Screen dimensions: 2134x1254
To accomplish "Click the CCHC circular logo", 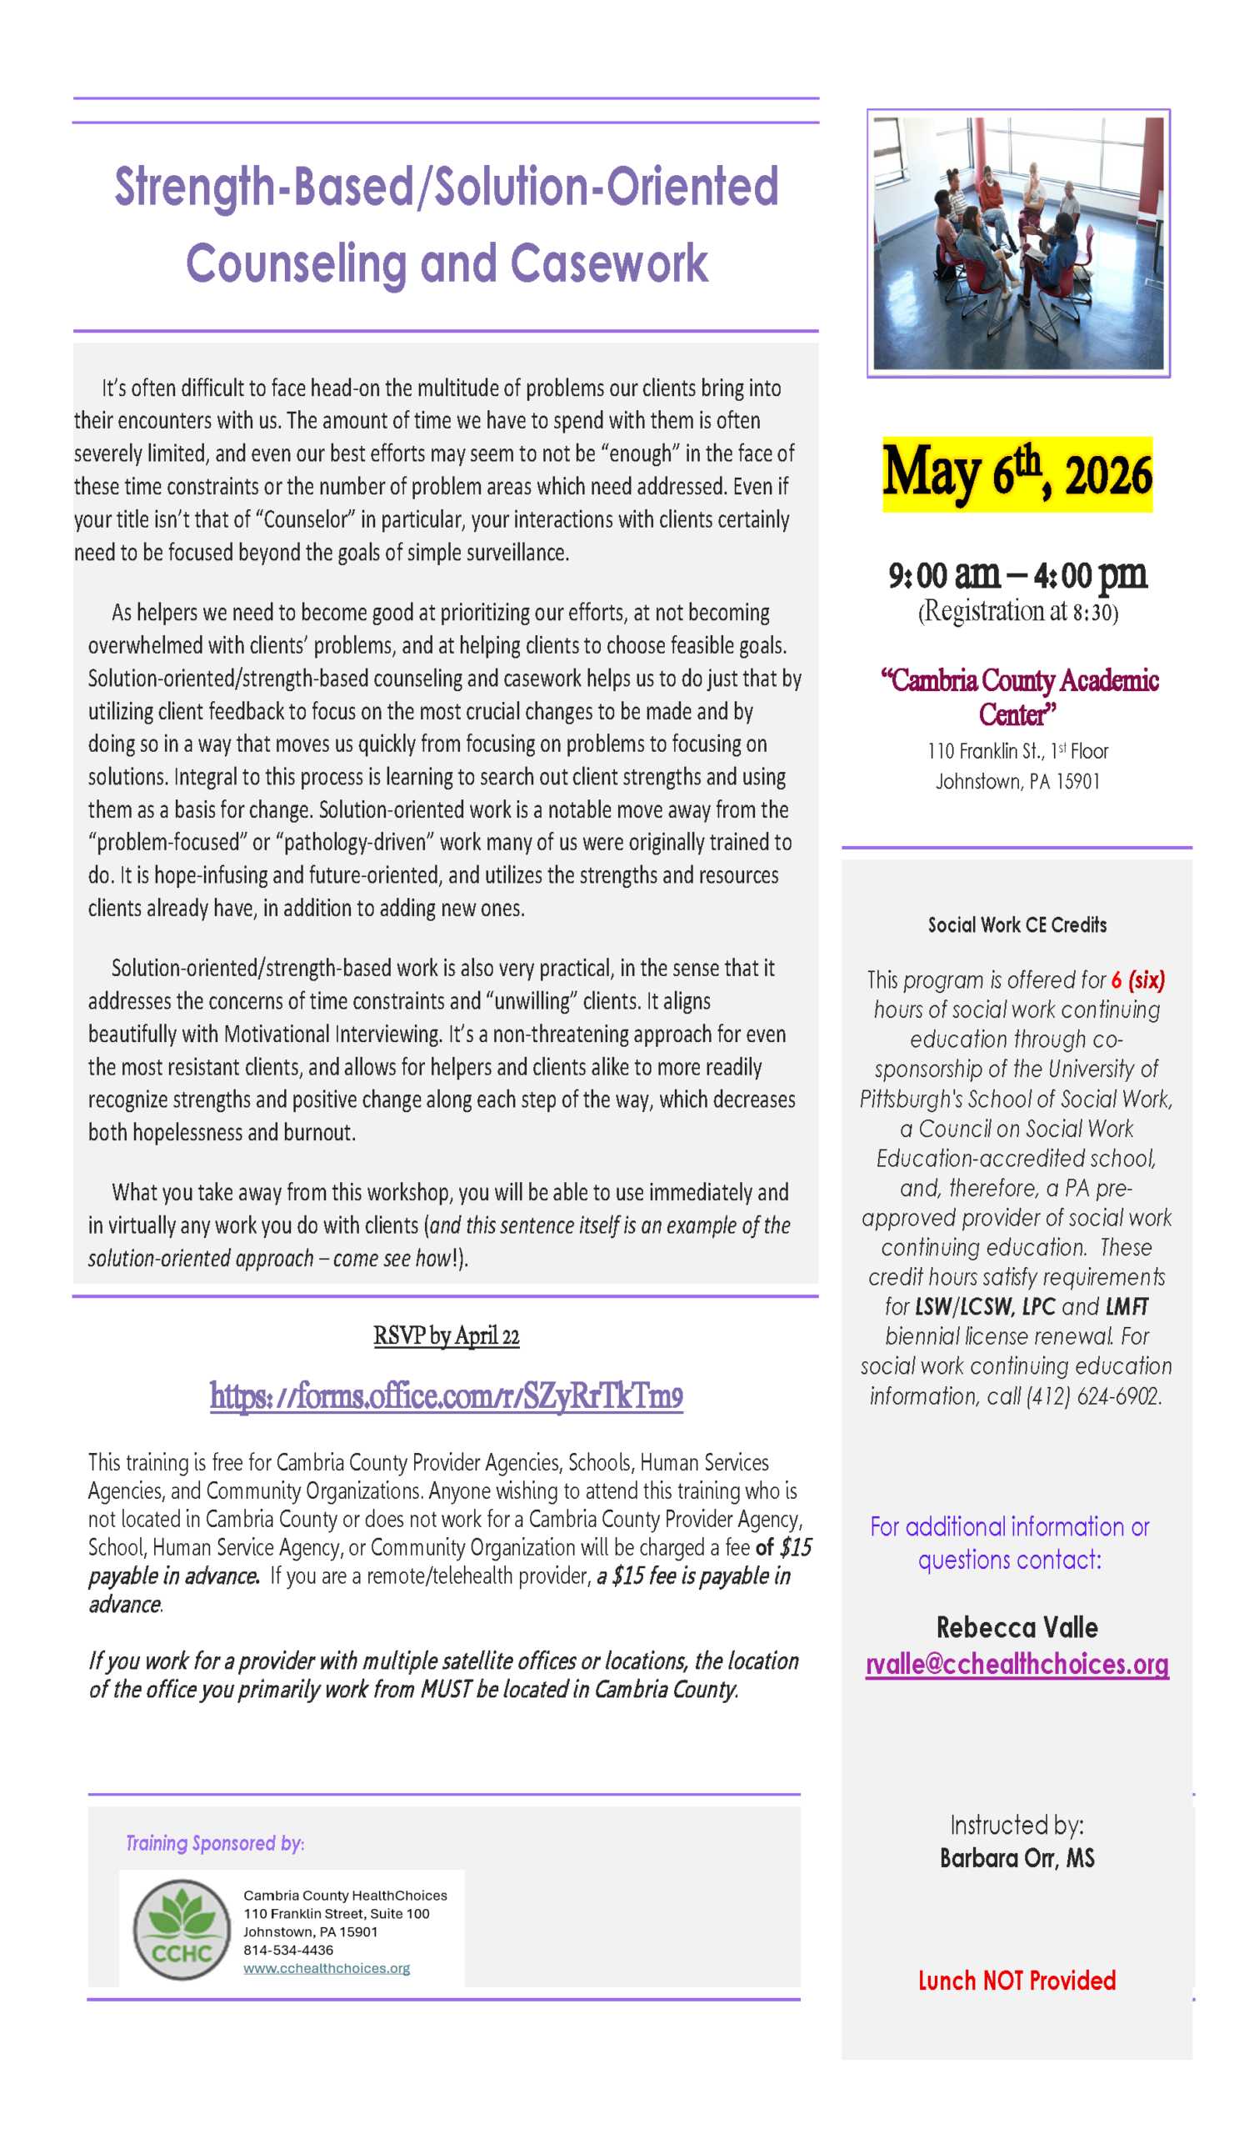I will (x=182, y=1929).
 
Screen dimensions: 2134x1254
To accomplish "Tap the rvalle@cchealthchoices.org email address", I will (x=1017, y=1664).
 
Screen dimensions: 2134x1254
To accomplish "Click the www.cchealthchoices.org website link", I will (x=326, y=1968).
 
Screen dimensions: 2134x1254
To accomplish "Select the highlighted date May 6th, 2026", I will (x=1017, y=474).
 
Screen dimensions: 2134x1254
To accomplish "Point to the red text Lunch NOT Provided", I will (x=1017, y=1981).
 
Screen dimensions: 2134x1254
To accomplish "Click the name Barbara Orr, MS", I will (x=1017, y=1858).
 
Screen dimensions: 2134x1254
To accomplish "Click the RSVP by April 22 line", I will (x=447, y=1335).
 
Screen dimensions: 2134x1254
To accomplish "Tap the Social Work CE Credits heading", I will (x=1017, y=924).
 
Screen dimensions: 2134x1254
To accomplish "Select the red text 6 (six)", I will (x=1138, y=979).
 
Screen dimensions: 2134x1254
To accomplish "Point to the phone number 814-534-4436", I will (x=288, y=1950).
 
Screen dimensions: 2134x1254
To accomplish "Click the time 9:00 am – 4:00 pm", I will (x=1017, y=576).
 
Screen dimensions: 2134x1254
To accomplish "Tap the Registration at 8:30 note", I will (x=1017, y=611).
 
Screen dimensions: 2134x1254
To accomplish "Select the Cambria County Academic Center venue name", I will (x=1018, y=696).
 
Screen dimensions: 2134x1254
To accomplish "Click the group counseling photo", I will (x=1017, y=243).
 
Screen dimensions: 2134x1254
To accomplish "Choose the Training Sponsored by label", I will (x=215, y=1843).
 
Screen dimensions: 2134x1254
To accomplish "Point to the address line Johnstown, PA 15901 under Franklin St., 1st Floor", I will (x=1017, y=781).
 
